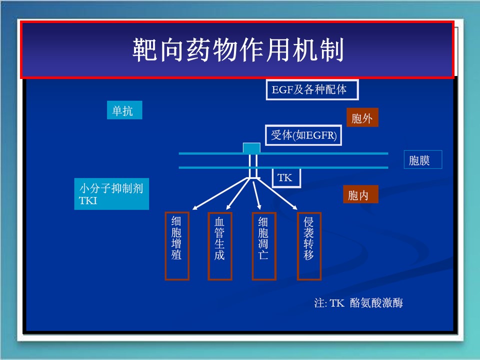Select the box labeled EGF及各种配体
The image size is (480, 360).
[x=312, y=90]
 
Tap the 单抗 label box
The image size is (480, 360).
[x=124, y=110]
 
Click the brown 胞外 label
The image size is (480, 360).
[x=362, y=118]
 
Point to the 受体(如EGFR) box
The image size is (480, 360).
[x=303, y=135]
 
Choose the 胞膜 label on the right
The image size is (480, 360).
[x=422, y=160]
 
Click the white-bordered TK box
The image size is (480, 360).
[x=286, y=177]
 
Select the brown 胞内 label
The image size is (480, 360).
[x=360, y=194]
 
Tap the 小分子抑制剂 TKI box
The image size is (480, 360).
[x=111, y=194]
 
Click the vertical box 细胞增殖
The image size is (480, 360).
[x=177, y=245]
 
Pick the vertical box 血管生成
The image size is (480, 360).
[x=219, y=245]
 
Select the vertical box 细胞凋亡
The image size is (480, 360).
[x=263, y=245]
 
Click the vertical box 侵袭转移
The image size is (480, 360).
[x=308, y=245]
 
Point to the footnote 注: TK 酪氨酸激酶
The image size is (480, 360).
[x=358, y=303]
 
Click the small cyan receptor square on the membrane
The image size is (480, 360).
[x=251, y=148]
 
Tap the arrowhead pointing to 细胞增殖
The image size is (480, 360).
[x=195, y=206]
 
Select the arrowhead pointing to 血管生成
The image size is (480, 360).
[x=227, y=207]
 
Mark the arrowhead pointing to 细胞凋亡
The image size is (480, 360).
[x=259, y=207]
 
